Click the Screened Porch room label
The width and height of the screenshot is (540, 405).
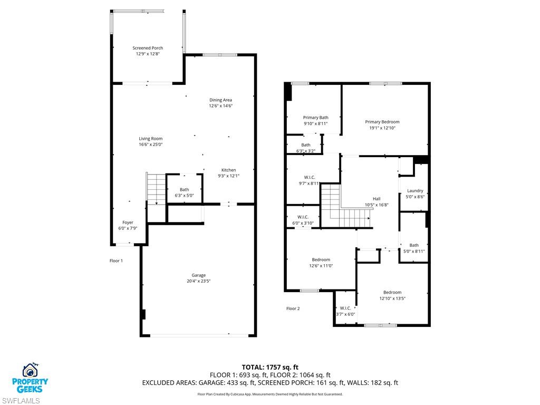tap(148, 48)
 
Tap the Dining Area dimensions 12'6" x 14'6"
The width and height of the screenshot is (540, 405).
tap(220, 106)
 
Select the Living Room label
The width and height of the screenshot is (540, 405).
tap(150, 139)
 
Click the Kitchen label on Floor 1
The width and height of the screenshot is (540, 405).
tap(228, 170)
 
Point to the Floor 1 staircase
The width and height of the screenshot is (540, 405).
tap(156, 189)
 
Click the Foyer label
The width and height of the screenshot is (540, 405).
tap(128, 223)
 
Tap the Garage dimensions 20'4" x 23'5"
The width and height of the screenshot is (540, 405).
tap(198, 282)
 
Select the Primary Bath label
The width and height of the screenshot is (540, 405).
tap(315, 118)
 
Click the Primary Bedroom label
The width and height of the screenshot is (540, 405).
tap(382, 122)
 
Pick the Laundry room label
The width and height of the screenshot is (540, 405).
tap(415, 191)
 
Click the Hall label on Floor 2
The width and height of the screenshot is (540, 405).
tap(377, 199)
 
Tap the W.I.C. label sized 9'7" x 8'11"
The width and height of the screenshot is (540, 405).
tap(309, 177)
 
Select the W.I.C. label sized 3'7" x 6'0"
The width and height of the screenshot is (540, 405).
tap(345, 308)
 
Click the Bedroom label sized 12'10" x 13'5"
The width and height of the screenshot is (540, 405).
tap(392, 292)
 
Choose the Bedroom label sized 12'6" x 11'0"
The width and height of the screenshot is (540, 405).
tap(321, 259)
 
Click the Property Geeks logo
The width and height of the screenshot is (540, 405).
tap(35, 378)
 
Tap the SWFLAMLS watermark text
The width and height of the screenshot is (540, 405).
tap(21, 400)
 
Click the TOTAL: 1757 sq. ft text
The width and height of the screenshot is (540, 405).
tap(270, 367)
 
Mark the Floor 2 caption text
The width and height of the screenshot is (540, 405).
tap(293, 308)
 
